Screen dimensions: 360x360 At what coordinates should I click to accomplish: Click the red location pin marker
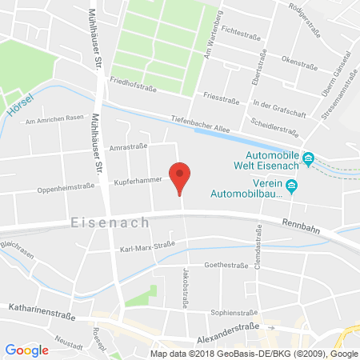pos(181,175)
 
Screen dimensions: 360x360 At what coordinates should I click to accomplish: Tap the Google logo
pos(26,350)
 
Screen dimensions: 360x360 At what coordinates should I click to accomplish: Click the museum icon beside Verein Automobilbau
pos(292,187)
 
